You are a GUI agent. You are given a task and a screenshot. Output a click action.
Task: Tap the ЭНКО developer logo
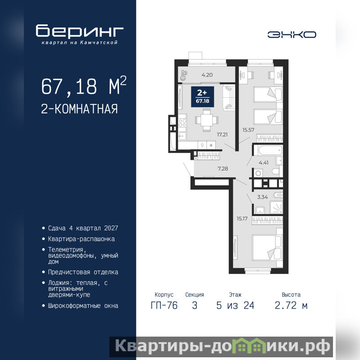(x=292, y=35)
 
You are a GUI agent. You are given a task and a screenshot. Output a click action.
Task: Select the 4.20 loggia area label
(x=207, y=75)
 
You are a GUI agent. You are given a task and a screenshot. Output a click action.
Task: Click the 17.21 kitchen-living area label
(x=222, y=135)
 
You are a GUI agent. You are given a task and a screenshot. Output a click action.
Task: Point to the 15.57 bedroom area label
(x=248, y=130)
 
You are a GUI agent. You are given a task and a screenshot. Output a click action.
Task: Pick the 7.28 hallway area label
(x=223, y=169)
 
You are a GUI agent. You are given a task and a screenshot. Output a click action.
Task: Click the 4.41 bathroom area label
(x=264, y=163)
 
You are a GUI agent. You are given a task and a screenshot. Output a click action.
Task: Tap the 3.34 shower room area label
(x=262, y=197)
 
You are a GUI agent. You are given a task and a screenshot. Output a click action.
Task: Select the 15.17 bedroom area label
(x=242, y=219)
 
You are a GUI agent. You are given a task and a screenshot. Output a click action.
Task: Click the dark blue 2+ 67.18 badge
(x=202, y=97)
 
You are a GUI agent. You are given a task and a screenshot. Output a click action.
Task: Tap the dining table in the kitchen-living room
(x=207, y=120)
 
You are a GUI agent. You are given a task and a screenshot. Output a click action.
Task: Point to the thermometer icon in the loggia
(x=184, y=75)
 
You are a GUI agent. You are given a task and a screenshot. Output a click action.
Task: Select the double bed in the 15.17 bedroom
(x=267, y=248)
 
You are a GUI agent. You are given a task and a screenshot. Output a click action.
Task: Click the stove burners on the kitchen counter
(x=182, y=123)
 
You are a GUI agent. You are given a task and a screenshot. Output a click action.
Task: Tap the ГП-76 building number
(x=164, y=306)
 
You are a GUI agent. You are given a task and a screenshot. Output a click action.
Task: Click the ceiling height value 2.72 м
(x=291, y=306)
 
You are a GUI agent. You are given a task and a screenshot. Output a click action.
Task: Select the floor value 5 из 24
(x=235, y=306)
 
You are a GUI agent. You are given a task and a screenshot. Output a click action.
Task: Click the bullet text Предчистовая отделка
(x=83, y=272)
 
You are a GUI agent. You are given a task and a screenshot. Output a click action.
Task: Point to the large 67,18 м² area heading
(x=84, y=86)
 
